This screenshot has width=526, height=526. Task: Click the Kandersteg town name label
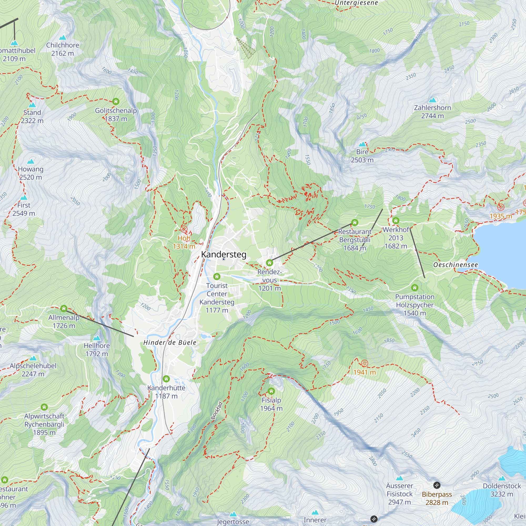[224, 254]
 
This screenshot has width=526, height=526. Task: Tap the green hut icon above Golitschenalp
[116, 102]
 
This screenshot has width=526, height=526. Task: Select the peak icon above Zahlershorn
[432, 100]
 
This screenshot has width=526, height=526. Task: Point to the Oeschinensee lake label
[456, 265]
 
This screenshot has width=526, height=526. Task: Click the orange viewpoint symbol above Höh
[184, 229]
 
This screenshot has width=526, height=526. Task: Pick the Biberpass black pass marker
[437, 485]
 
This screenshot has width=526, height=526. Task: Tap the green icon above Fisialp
[271, 391]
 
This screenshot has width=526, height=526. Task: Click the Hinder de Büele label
[170, 342]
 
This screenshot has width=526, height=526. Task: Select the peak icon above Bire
[362, 144]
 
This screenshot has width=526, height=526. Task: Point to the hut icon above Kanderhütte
[166, 379]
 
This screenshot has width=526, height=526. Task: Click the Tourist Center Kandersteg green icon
[217, 277]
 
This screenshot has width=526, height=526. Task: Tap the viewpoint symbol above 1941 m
[365, 363]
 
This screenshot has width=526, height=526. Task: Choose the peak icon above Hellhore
[97, 338]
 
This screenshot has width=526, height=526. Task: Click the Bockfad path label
[217, 411]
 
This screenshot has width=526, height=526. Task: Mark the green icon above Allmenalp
[64, 308]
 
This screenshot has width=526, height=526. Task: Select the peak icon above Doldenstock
[502, 478]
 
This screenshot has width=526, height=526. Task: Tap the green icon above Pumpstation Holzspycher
[415, 287]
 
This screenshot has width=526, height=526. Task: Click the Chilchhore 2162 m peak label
[63, 49]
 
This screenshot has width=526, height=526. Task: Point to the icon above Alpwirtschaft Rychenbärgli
[44, 407]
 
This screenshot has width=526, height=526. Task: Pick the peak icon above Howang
[31, 161]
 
